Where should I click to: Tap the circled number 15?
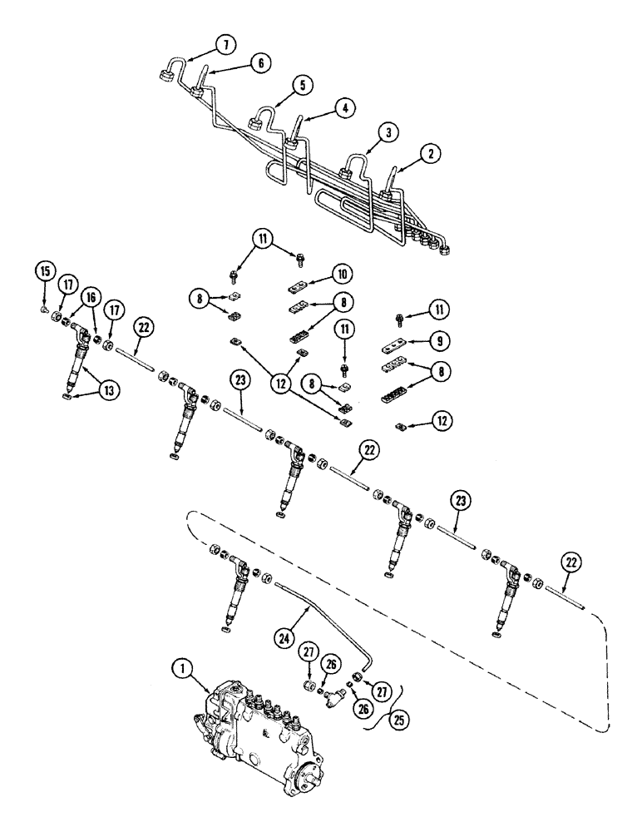click(x=44, y=272)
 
